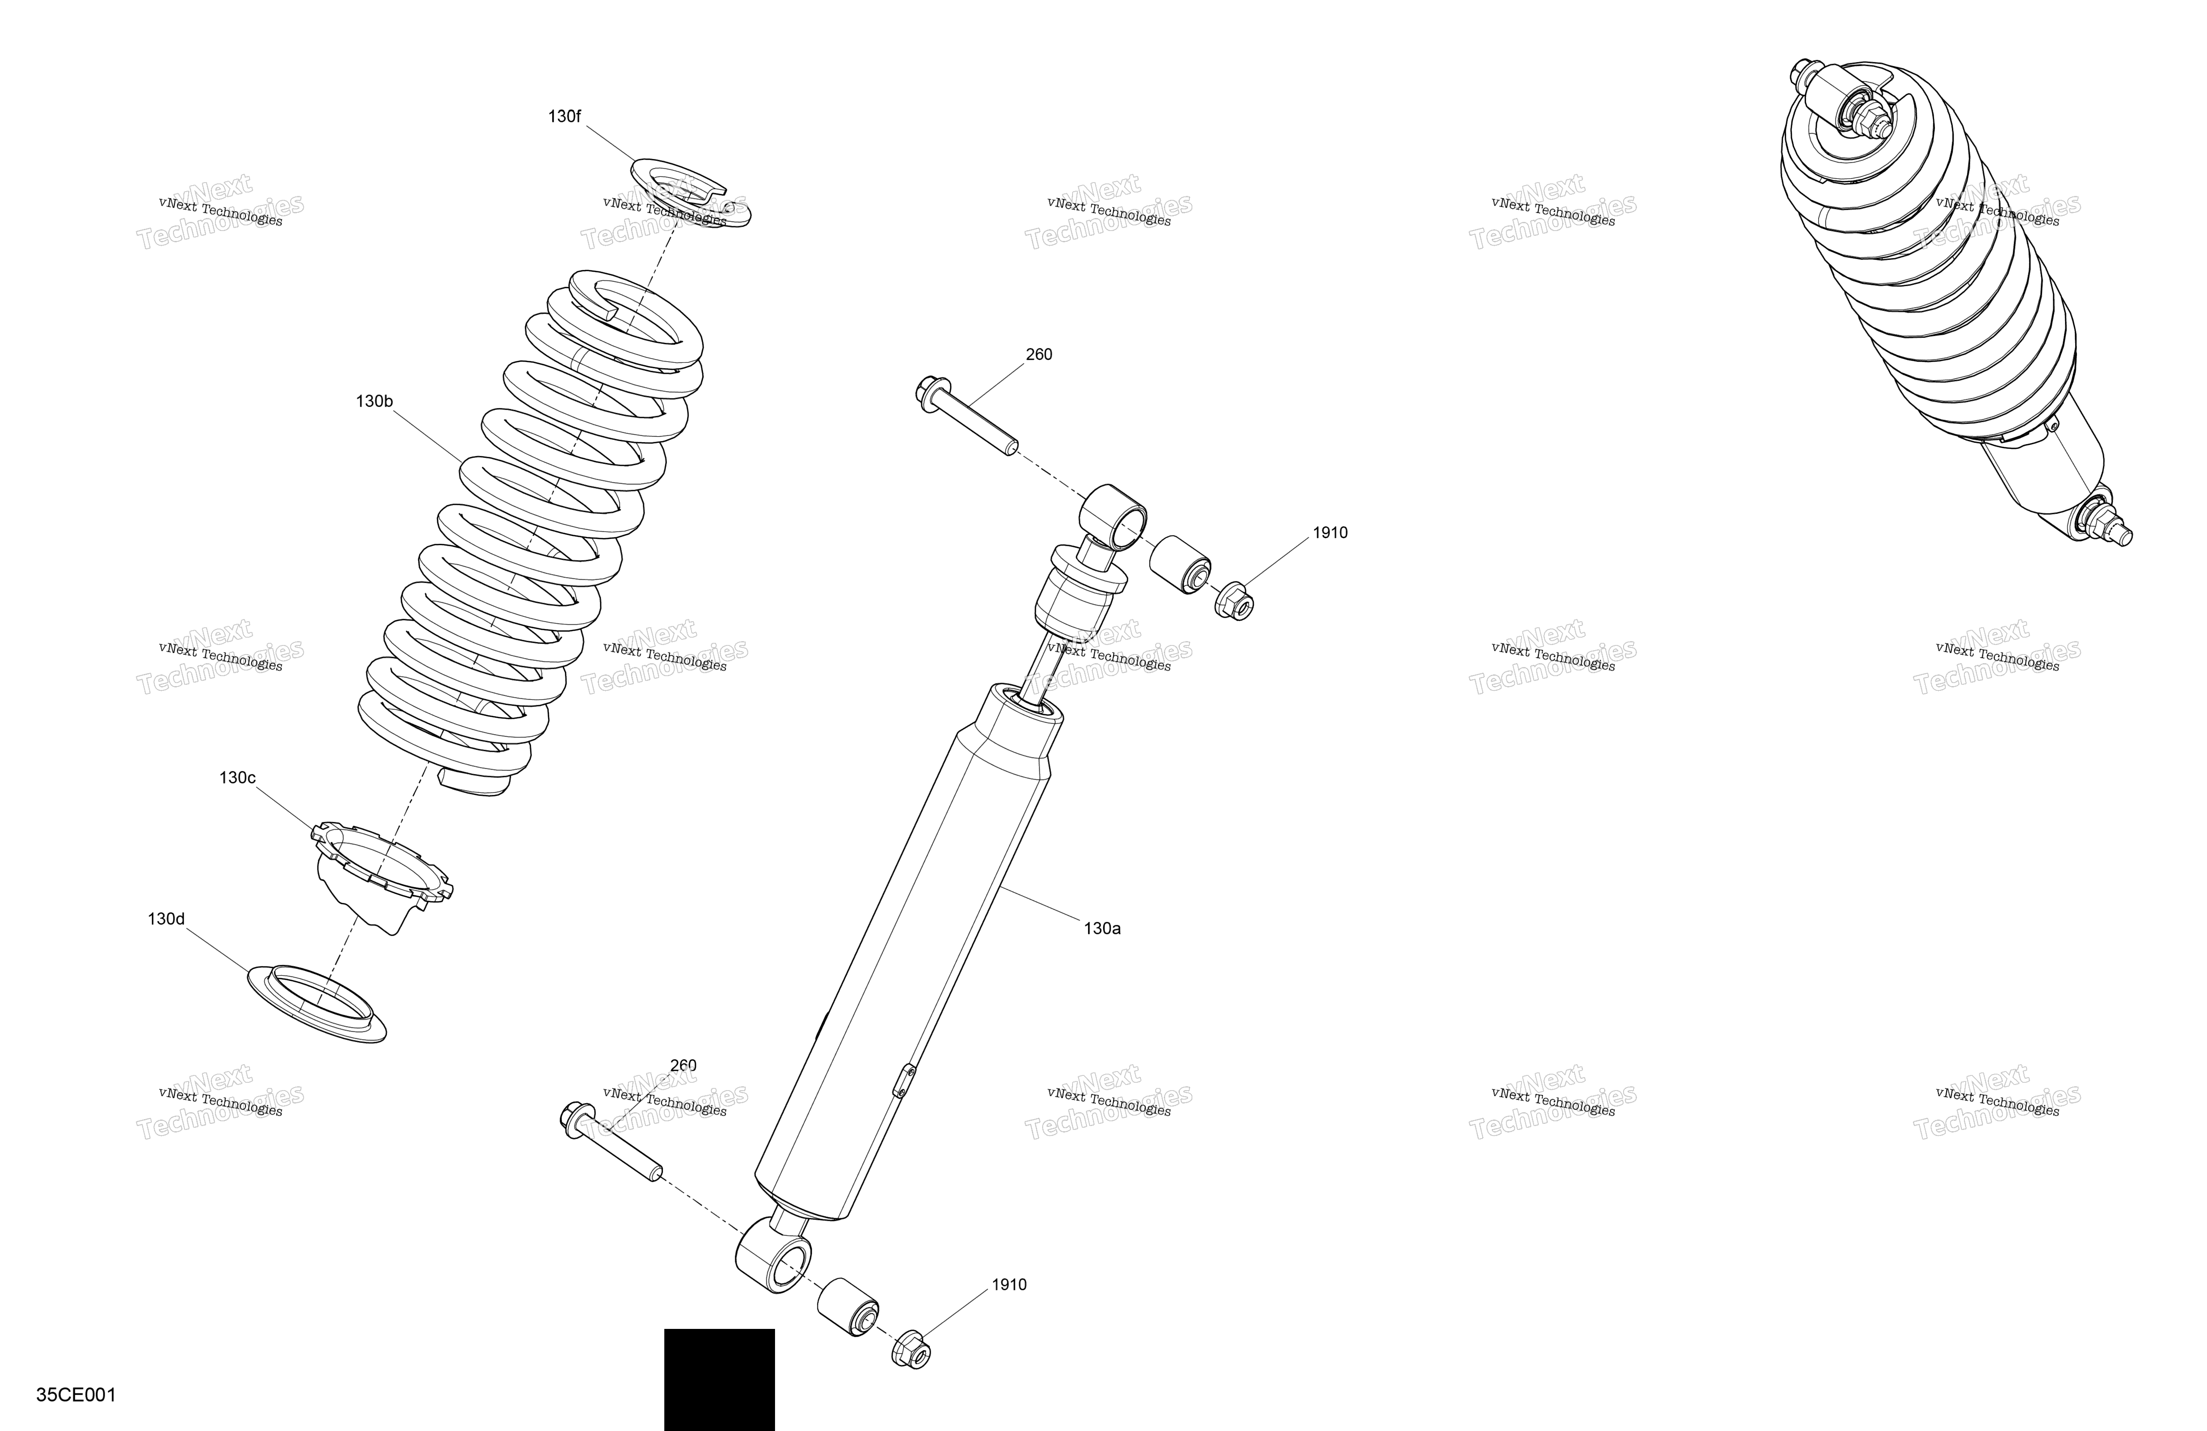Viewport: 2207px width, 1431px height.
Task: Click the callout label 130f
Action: coord(565,117)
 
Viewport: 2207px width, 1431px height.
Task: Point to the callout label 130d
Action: coord(166,919)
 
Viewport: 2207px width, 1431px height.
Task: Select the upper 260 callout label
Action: coord(1038,354)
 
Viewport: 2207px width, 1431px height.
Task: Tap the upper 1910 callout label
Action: coord(1330,533)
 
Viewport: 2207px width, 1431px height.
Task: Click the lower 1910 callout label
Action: coord(1009,1285)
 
